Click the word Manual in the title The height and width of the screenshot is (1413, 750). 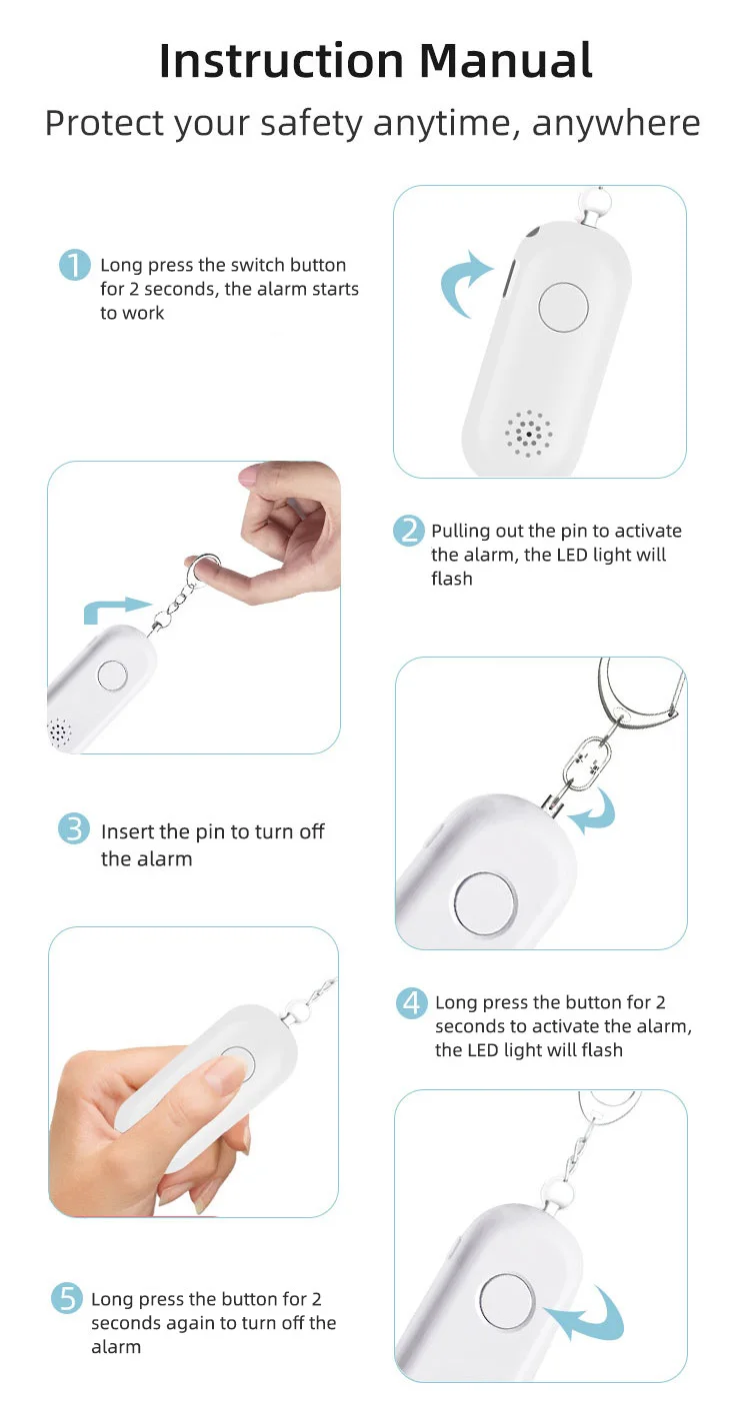pyautogui.click(x=505, y=61)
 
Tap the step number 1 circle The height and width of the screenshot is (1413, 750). pyautogui.click(x=75, y=265)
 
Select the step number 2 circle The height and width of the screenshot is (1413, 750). pyautogui.click(x=408, y=531)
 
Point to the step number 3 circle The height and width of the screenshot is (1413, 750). pyautogui.click(x=74, y=828)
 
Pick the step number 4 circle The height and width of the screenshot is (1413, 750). pyautogui.click(x=412, y=1002)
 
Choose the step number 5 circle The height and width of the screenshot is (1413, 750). pyautogui.click(x=67, y=1298)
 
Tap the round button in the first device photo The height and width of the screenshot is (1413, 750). pyautogui.click(x=564, y=307)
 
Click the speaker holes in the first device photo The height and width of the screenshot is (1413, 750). pyautogui.click(x=528, y=434)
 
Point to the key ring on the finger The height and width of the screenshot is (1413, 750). pyautogui.click(x=203, y=567)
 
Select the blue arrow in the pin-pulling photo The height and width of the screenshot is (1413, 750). pyautogui.click(x=114, y=609)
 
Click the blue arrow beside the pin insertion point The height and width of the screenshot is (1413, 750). pyautogui.click(x=595, y=811)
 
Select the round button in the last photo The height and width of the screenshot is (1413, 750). pyautogui.click(x=506, y=1299)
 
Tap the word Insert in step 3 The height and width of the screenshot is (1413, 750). pyautogui.click(x=128, y=831)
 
